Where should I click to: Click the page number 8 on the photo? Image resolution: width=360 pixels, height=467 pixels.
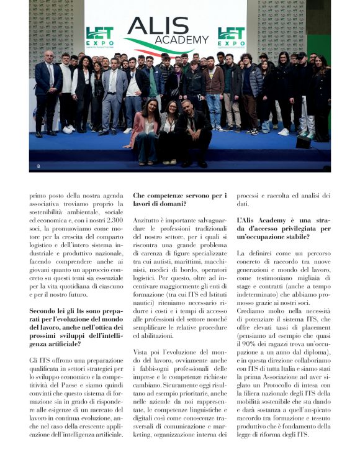point(38,165)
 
